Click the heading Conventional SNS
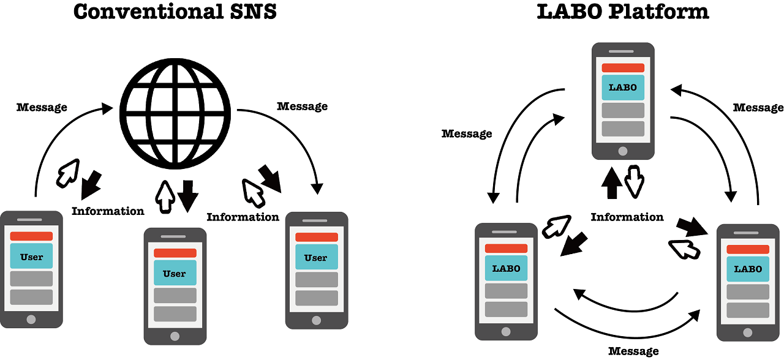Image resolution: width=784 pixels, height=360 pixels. (175, 12)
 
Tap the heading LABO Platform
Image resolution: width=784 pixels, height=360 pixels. (623, 12)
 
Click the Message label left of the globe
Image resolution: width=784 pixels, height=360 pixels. (42, 108)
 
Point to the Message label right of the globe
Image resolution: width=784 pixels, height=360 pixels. (302, 107)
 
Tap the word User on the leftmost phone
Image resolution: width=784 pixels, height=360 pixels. (31, 257)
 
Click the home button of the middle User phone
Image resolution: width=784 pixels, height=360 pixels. (175, 336)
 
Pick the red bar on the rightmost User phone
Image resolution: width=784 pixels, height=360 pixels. (316, 237)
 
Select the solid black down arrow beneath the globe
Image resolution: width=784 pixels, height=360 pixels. (187, 195)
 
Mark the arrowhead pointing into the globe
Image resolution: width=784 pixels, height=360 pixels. (108, 108)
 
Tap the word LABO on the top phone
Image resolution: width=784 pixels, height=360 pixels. (623, 88)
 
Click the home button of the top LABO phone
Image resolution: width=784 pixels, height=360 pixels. (623, 151)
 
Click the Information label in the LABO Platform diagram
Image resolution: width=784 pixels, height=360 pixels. (627, 217)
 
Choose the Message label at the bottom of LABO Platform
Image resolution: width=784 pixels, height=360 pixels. (633, 351)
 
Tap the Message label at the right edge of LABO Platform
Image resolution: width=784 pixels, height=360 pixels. (758, 108)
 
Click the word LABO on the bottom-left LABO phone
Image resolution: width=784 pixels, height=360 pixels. (506, 268)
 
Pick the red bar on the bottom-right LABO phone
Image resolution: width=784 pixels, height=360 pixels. (748, 249)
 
